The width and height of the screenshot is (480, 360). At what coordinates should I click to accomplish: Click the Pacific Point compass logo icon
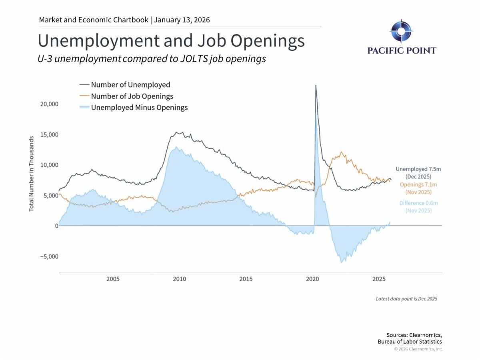pyautogui.click(x=401, y=31)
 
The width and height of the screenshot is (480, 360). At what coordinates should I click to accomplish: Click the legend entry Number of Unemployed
pyautogui.click(x=130, y=85)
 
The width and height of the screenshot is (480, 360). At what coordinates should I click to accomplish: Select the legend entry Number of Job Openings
pyautogui.click(x=132, y=96)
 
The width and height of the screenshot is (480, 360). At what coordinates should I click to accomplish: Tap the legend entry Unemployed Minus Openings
pyautogui.click(x=139, y=108)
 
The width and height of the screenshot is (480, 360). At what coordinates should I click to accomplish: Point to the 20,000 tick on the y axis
pyautogui.click(x=50, y=104)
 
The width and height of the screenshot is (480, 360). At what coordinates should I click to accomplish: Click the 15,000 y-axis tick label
pyautogui.click(x=50, y=134)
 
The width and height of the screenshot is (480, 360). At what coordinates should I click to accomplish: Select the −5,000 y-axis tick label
pyautogui.click(x=49, y=256)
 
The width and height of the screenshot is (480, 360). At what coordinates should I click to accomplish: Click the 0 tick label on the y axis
pyautogui.click(x=56, y=226)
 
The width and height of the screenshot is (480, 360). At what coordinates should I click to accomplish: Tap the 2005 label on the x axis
pyautogui.click(x=113, y=279)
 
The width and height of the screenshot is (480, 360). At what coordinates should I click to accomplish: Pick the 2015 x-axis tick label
pyautogui.click(x=246, y=279)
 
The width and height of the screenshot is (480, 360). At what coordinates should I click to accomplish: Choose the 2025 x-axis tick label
pyautogui.click(x=379, y=279)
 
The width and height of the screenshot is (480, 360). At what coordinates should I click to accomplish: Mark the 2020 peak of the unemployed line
pyautogui.click(x=316, y=85)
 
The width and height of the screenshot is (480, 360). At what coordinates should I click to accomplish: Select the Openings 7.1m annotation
pyautogui.click(x=418, y=184)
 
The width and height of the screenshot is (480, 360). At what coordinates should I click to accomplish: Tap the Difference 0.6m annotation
pyautogui.click(x=418, y=203)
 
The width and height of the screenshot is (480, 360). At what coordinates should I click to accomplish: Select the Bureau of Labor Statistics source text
pyautogui.click(x=410, y=342)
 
